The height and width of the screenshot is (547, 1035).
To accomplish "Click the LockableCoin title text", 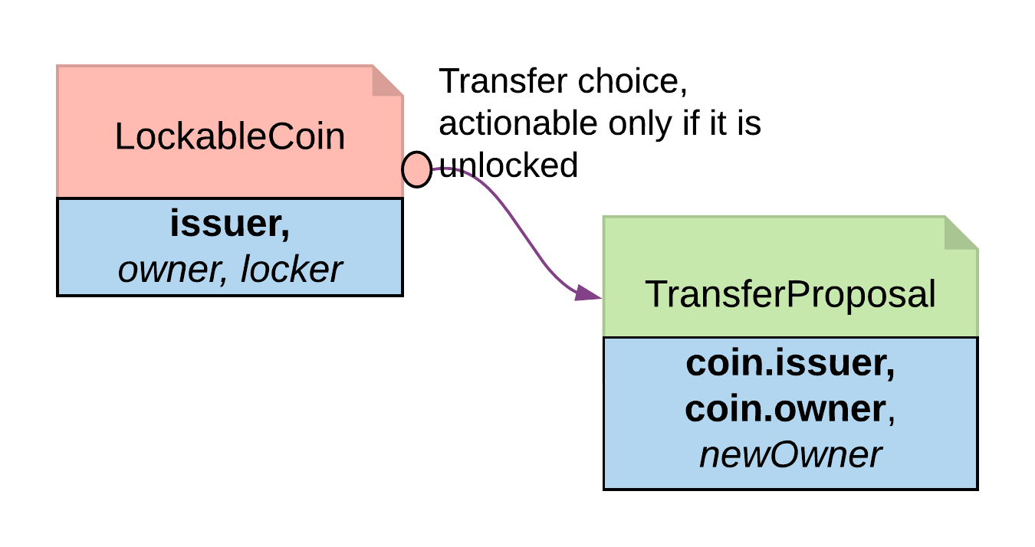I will pos(230,137).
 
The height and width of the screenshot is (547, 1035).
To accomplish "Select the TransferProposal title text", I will pos(790,294).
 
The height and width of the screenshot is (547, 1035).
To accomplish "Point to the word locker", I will pos(291,269).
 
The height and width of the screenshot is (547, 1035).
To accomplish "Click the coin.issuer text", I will pos(790,364).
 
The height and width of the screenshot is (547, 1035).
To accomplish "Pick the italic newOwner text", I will pos(790,455).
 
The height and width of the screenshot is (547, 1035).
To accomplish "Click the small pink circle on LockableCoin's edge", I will pos(417,169).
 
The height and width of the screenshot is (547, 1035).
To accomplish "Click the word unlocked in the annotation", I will pos(508,165).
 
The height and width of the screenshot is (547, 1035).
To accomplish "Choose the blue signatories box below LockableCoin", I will pos(229,247).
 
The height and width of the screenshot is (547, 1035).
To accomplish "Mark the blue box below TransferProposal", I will pos(790,412).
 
